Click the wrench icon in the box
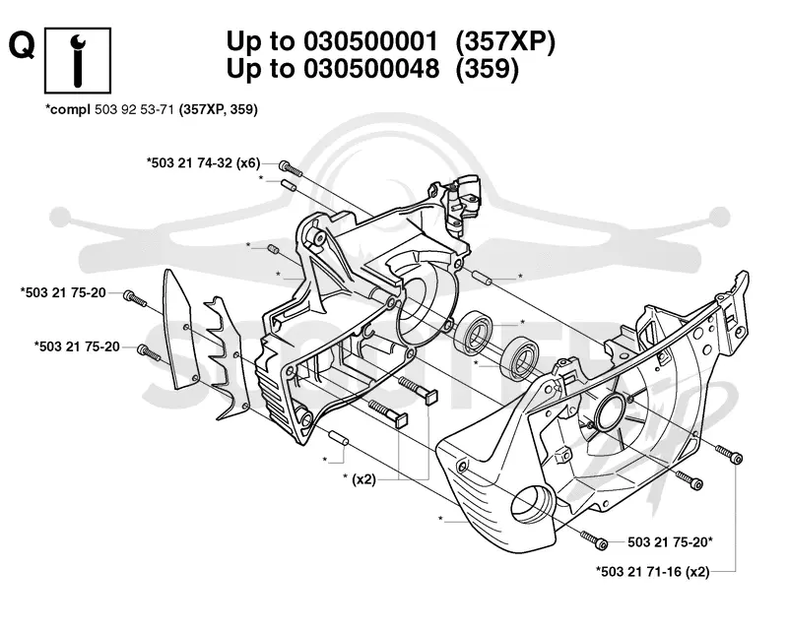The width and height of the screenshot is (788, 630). pos(78,60)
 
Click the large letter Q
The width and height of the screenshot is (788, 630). pos(22,46)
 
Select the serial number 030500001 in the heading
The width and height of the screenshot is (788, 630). pos(370,41)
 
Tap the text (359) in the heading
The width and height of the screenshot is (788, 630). pos(487,68)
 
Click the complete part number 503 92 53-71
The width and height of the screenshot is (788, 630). pos(134,109)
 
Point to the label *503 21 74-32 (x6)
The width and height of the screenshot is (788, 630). pos(204,162)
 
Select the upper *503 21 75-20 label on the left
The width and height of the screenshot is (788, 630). pos(63,292)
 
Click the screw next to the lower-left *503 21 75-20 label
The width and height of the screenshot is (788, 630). pos(150,352)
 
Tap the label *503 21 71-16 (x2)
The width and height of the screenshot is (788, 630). pos(652,571)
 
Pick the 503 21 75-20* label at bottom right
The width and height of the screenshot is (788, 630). pos(671,542)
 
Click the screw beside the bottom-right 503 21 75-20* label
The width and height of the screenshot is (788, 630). pos(594,540)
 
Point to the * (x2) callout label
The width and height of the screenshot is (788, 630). pos(360,478)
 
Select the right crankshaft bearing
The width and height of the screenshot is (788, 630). pos(520,357)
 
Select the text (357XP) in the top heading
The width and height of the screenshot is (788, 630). pos(505,41)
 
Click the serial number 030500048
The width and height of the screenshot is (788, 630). pos(370,68)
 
